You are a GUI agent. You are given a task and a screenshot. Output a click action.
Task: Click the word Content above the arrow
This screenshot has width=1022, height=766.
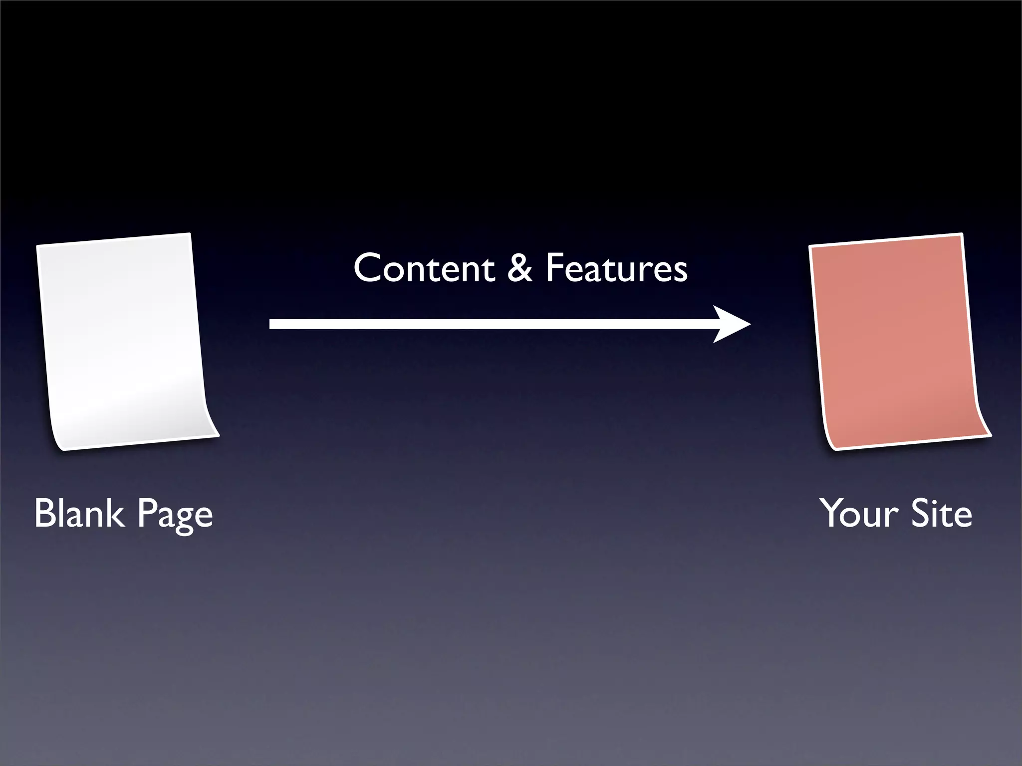tap(424, 268)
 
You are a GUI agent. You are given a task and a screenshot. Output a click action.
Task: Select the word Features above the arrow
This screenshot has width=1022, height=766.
tap(616, 268)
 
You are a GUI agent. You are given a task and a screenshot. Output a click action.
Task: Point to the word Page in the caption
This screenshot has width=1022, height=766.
tap(175, 515)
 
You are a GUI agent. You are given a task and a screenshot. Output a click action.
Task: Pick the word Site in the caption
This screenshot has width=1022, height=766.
tap(942, 514)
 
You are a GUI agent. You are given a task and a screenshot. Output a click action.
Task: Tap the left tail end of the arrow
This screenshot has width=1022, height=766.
tap(272, 324)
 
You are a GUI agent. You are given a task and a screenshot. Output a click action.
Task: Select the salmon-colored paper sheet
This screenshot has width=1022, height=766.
tap(896, 339)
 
